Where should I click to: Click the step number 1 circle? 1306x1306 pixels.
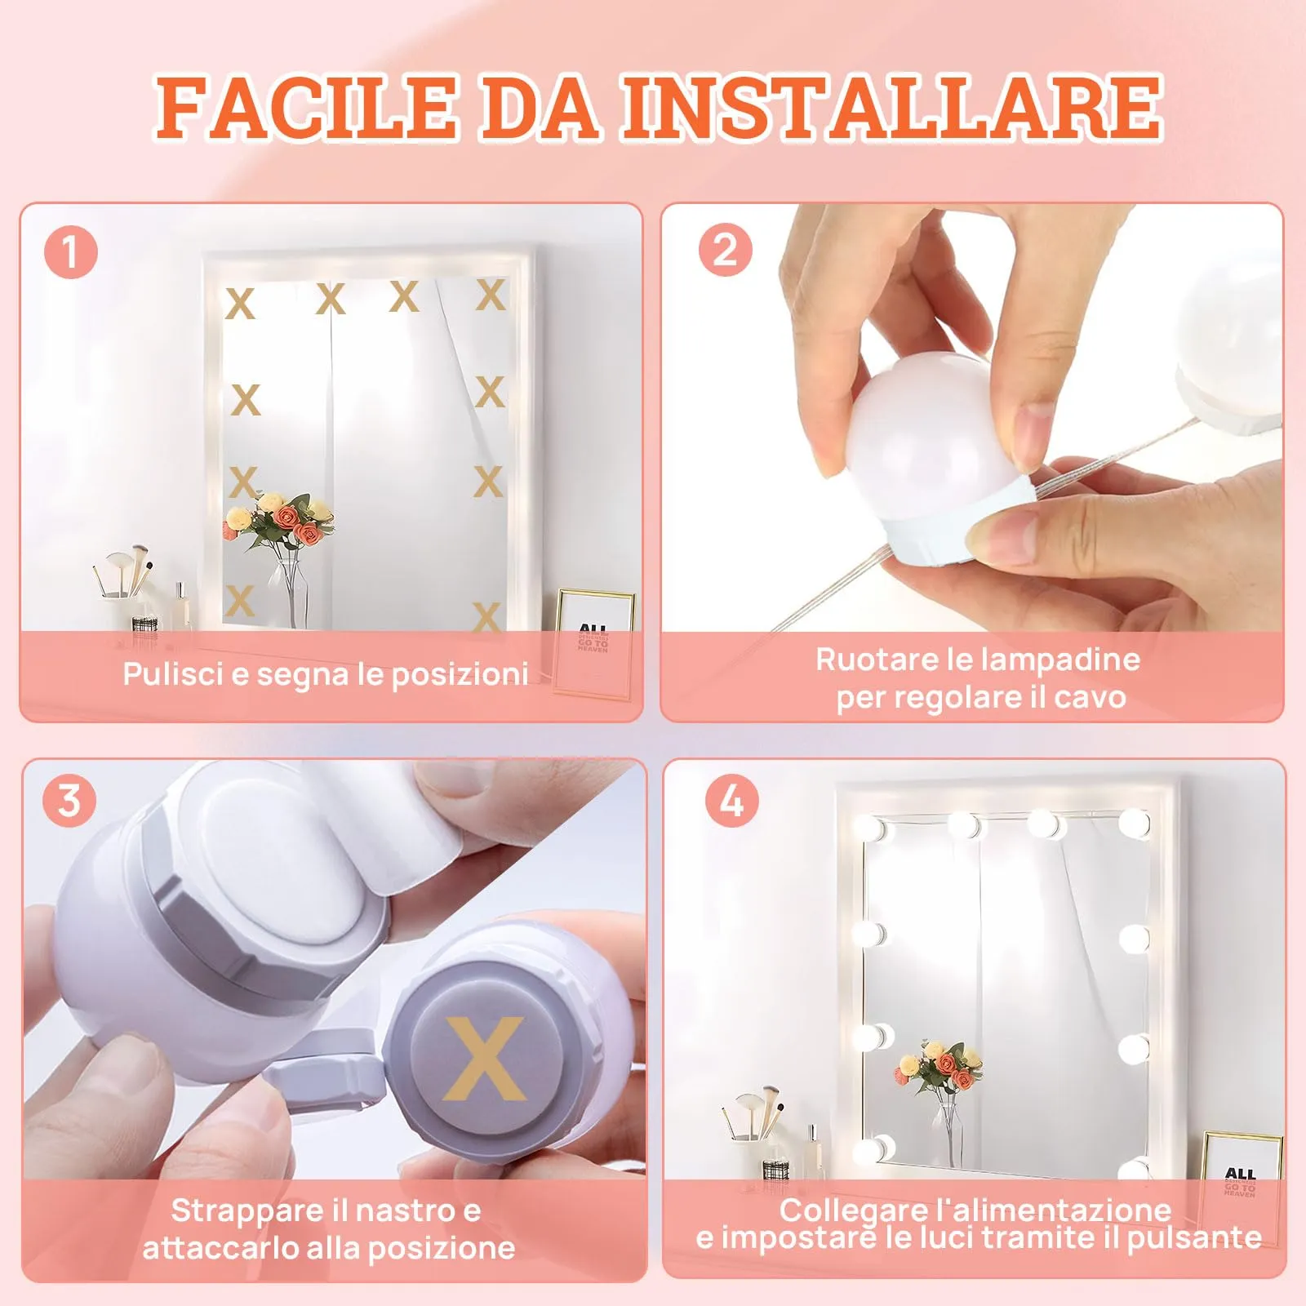(x=71, y=252)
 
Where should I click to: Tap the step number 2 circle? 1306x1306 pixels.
(x=725, y=249)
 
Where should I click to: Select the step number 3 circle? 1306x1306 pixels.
(x=70, y=800)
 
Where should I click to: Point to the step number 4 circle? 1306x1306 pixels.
(x=731, y=800)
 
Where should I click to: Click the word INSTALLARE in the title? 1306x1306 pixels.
(x=891, y=106)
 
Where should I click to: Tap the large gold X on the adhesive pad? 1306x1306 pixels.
(x=485, y=1059)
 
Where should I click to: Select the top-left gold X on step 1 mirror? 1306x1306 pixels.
(x=240, y=304)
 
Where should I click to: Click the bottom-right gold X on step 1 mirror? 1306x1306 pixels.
(x=486, y=616)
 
